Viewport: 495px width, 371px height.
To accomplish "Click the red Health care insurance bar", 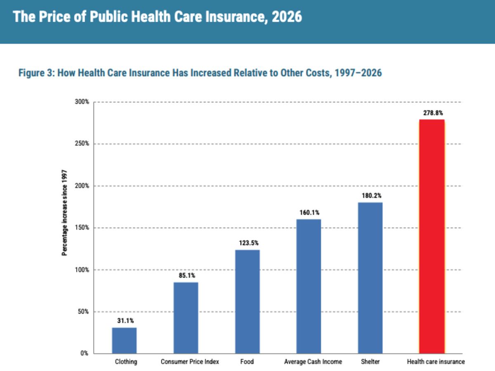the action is [432, 237].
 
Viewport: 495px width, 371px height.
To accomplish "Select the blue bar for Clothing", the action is [124, 340].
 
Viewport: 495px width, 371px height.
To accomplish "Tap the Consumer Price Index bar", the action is [186, 318].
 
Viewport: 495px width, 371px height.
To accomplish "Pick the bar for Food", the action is [247, 302].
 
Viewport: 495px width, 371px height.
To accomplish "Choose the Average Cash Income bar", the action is [309, 286].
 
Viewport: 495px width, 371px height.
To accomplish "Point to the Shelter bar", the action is [370, 278].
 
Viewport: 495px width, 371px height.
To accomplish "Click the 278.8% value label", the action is [433, 113].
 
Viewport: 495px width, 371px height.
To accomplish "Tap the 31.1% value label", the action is [125, 321].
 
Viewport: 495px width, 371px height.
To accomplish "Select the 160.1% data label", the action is [309, 212].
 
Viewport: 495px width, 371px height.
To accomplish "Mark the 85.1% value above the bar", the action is [187, 275].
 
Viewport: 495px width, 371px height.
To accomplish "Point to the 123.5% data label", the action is [249, 243].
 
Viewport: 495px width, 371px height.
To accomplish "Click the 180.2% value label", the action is [371, 195].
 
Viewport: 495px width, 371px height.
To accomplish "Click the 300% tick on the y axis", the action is [82, 102].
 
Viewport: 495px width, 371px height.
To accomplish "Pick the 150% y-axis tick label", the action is [82, 228].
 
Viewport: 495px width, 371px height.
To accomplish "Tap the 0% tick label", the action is [84, 353].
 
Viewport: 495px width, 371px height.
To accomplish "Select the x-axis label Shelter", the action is [370, 362].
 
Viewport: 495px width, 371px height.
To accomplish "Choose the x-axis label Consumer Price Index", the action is [190, 362].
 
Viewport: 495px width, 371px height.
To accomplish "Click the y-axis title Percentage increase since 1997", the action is [64, 213].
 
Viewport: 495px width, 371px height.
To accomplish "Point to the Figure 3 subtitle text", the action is [200, 73].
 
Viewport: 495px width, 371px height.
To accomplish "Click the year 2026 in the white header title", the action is [287, 17].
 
